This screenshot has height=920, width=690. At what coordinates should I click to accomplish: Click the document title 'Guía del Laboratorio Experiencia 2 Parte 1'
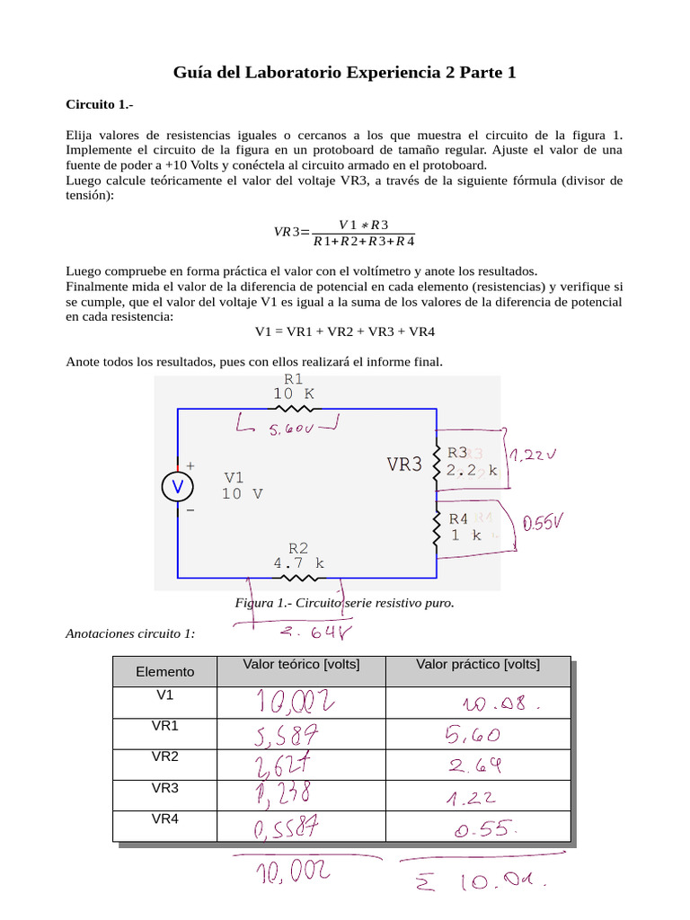[344, 73]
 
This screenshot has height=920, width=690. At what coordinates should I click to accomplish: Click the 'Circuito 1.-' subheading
[99, 105]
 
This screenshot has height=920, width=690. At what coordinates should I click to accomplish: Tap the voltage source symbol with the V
[177, 487]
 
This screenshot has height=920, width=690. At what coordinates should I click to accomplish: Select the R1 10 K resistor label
[293, 386]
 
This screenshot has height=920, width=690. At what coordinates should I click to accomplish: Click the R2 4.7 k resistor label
[298, 555]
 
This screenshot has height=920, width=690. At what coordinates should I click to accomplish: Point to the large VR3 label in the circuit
[404, 464]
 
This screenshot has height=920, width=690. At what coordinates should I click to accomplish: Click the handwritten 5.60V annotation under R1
[290, 430]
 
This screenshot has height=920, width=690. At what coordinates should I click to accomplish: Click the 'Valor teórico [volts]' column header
[301, 665]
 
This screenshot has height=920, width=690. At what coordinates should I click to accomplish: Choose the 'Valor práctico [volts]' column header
[477, 665]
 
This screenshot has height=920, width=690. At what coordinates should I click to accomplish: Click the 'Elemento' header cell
[164, 672]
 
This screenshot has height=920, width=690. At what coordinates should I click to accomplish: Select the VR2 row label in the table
[164, 757]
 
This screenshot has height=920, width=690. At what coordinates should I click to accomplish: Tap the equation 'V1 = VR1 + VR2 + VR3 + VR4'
[344, 332]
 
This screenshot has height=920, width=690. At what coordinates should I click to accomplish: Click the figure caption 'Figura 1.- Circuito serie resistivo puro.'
[344, 603]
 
